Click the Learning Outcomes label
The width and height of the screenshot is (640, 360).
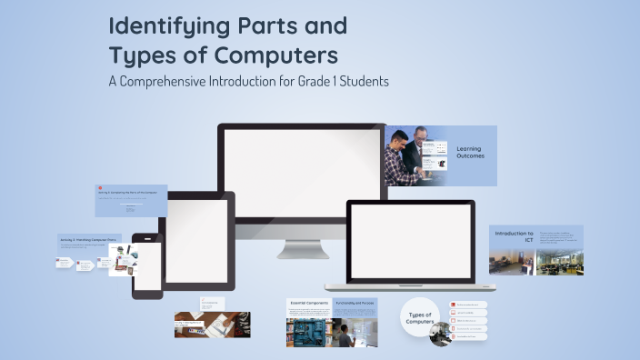[469, 152]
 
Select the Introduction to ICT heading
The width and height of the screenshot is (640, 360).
[514, 234]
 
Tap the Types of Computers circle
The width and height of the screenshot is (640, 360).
[419, 316]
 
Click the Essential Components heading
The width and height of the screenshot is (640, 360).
[309, 302]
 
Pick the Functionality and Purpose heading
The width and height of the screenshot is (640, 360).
[355, 302]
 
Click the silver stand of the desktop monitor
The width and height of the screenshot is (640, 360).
[303, 247]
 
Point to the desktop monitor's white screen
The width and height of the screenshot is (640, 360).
[303, 167]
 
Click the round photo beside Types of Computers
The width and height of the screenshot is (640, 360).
[440, 334]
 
